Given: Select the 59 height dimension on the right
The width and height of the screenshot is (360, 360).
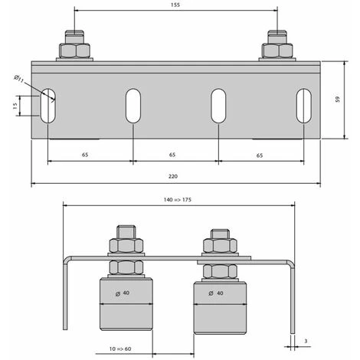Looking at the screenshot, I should point(338,100).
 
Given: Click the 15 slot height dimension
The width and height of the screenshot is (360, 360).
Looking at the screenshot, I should point(15,106).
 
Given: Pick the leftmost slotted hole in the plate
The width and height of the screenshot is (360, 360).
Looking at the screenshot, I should point(48,106).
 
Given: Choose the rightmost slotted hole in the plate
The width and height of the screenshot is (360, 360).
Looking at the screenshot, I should point(304,106).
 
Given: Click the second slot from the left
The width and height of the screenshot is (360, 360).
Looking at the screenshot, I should point(133,106).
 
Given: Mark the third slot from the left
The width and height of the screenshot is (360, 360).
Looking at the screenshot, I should point(219,106).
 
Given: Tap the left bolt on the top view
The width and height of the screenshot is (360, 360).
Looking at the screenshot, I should point(75,47).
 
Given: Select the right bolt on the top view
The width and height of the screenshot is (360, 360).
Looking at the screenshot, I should point(277,47).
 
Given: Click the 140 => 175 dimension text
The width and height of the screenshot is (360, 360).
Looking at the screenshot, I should point(178,198).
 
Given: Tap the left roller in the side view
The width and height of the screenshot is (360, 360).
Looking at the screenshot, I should point(127,305).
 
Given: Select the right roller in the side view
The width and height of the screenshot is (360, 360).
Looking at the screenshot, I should point(219,307).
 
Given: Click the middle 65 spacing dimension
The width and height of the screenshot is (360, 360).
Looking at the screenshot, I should point(175,154).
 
